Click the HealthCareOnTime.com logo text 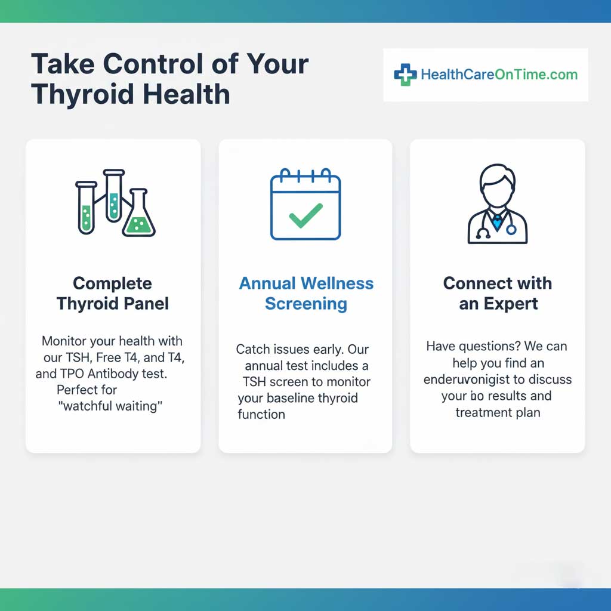click(x=499, y=75)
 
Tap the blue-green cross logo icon click(x=405, y=75)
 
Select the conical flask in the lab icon click(x=138, y=216)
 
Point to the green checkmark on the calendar click(x=305, y=215)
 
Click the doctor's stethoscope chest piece click(x=511, y=229)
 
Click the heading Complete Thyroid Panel click(x=113, y=293)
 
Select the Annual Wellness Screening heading click(x=306, y=293)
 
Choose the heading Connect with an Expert click(x=498, y=293)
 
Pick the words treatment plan click(x=498, y=412)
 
